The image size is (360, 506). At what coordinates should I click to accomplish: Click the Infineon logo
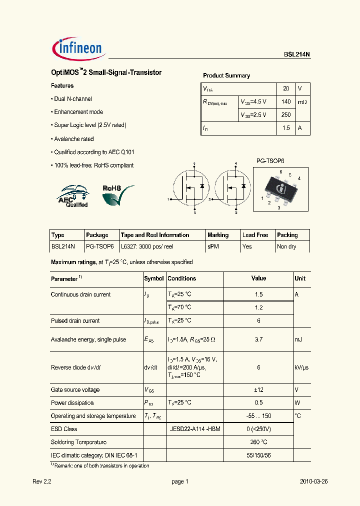[77, 48]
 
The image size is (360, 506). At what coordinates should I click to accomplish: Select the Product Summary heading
[226, 75]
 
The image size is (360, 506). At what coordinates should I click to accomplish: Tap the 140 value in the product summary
[285, 101]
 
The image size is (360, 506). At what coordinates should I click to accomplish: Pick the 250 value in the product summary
[285, 114]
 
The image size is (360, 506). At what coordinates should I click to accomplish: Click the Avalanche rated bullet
[72, 139]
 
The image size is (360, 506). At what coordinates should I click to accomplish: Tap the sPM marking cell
[213, 246]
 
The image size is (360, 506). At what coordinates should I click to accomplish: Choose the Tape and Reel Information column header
[154, 235]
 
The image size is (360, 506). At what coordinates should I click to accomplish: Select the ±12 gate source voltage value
[258, 390]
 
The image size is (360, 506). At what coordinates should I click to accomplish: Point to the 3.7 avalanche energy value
[258, 339]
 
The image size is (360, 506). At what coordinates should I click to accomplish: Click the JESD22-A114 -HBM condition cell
[195, 429]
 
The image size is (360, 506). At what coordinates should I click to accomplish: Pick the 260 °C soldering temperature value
[258, 442]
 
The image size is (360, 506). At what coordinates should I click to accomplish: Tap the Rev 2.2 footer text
[42, 482]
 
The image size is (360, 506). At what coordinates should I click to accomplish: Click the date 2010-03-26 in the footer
[313, 482]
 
